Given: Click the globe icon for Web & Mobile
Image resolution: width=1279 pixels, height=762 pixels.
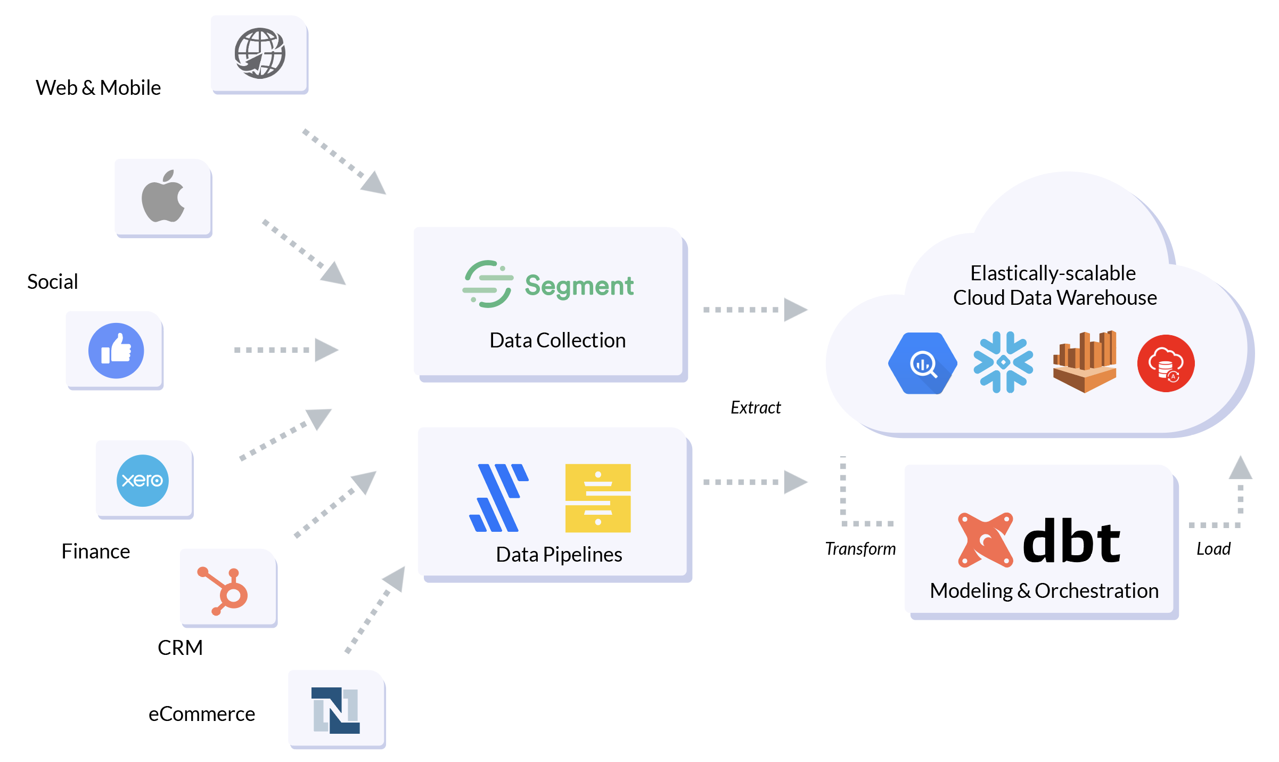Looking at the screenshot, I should coord(260,53).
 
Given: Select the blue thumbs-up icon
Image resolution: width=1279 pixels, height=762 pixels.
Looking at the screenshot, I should coord(116,350).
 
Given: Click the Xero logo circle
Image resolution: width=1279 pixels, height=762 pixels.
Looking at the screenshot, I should coord(142,480).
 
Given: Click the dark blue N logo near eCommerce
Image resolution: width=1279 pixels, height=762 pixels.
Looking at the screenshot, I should coord(335,710).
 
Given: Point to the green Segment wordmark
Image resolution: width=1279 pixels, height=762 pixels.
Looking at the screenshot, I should coord(579,286).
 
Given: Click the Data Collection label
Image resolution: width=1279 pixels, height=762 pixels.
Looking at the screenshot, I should coord(557,341).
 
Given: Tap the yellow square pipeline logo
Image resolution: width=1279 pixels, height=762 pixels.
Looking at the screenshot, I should coord(597,498).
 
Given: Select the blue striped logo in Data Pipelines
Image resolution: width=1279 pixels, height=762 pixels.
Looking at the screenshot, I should coord(498,498).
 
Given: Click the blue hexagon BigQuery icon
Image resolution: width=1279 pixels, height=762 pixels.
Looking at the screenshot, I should coord(922,363).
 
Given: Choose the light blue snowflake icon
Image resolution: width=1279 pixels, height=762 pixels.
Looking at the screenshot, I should coord(1003,362).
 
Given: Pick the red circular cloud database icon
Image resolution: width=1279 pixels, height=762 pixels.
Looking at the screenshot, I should coord(1166,363).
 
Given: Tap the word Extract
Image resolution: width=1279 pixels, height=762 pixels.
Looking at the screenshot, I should coord(755,408).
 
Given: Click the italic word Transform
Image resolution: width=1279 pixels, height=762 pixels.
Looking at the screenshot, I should coord(860,549).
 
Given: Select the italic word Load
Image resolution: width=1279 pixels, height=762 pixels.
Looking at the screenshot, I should coord(1213,549).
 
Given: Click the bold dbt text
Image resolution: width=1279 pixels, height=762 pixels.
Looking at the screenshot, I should coord(1071,541).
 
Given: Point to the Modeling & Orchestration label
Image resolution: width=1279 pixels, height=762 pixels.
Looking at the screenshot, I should coord(1044,591).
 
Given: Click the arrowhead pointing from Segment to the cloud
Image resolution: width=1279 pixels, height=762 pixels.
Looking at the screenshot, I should coord(795,310).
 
